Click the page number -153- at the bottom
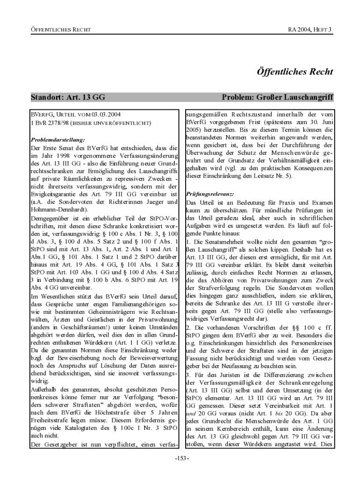point(180,457)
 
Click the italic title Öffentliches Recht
point(295,72)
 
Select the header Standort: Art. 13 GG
point(68,98)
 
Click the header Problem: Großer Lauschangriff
point(277,98)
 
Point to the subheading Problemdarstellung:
point(58,139)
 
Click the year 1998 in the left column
point(61,155)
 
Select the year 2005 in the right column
point(195,131)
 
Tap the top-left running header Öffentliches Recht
point(60,30)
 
